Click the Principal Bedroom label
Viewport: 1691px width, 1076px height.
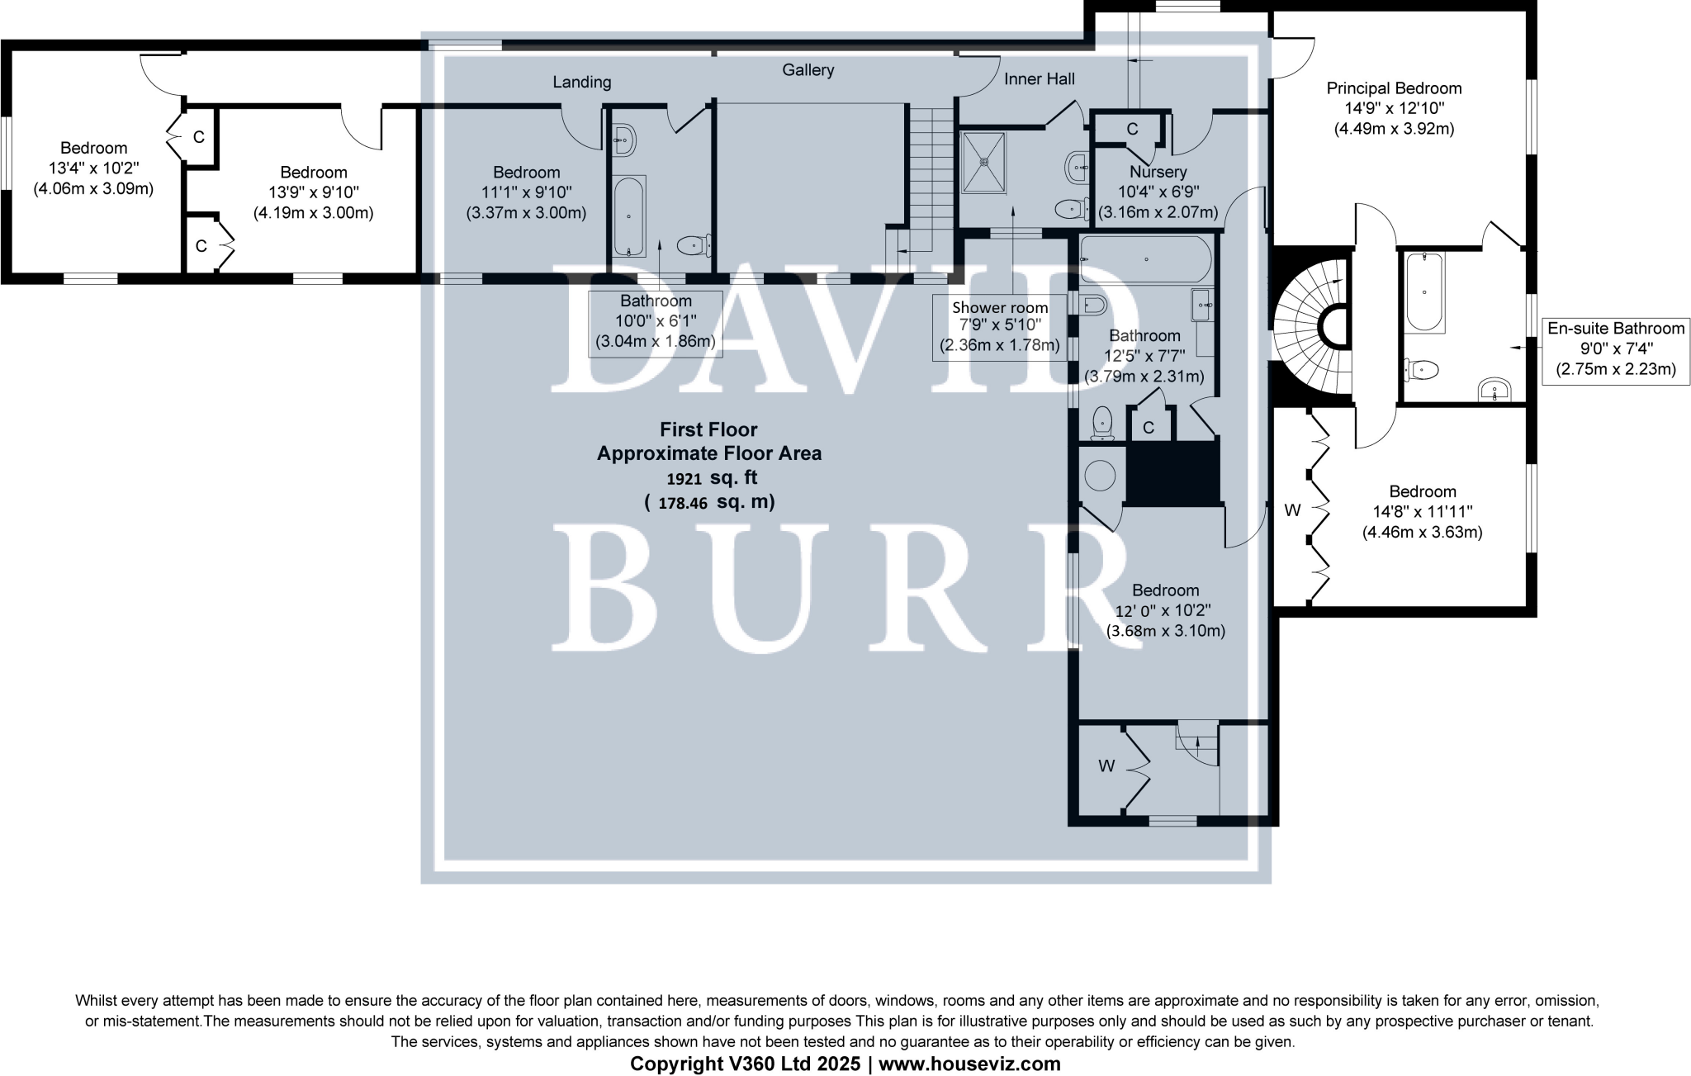click(1394, 88)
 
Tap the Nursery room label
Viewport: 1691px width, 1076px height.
click(1158, 172)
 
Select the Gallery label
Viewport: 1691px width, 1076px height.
click(808, 70)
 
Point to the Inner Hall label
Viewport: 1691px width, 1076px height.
click(1039, 79)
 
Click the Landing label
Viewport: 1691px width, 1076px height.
click(582, 82)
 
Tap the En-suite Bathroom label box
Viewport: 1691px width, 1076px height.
click(1615, 348)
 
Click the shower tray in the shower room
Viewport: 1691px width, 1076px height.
click(984, 162)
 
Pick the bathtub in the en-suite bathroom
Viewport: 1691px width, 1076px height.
click(1424, 292)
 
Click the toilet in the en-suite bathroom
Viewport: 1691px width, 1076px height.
click(1422, 369)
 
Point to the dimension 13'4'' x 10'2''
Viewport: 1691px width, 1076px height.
click(93, 168)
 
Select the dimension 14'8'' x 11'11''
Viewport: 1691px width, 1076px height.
click(1422, 512)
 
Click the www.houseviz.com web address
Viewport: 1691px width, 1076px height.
click(969, 1064)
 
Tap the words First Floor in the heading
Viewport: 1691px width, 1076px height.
click(708, 429)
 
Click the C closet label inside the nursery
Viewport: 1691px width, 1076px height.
click(1132, 129)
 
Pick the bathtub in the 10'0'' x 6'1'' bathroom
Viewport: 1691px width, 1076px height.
click(630, 216)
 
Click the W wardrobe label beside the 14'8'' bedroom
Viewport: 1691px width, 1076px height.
click(1292, 510)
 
